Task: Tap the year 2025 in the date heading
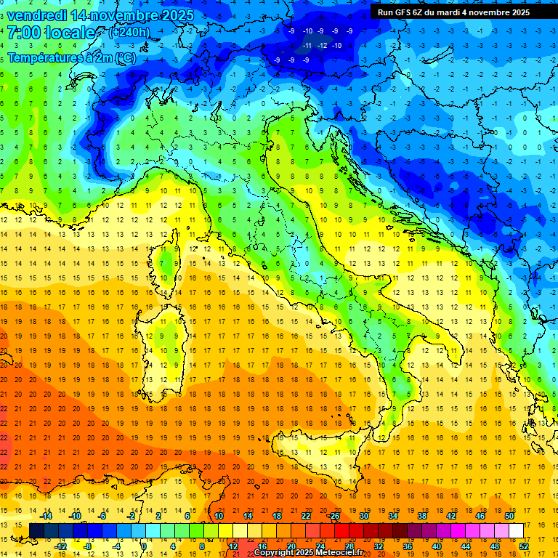174,15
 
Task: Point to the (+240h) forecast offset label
129,33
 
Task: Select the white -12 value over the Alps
321,45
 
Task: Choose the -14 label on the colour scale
46,515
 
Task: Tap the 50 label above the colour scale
509,515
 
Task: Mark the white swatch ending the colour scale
517,530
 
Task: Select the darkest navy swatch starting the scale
36,530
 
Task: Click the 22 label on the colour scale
306,515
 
